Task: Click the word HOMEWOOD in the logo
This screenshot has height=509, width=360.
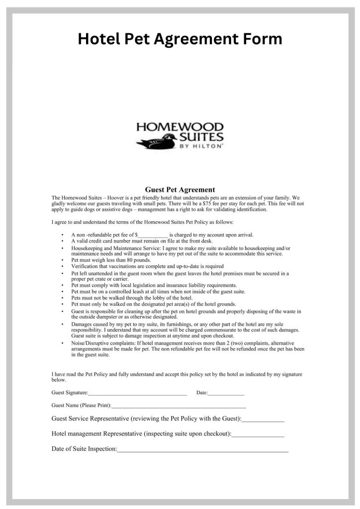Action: (180, 127)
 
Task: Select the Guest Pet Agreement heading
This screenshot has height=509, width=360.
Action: (180, 189)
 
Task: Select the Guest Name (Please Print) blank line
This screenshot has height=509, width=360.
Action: (179, 406)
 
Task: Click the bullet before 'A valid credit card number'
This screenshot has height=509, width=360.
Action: (61, 241)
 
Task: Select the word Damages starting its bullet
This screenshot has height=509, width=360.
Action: (82, 324)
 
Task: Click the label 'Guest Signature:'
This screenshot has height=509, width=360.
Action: (70, 393)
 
